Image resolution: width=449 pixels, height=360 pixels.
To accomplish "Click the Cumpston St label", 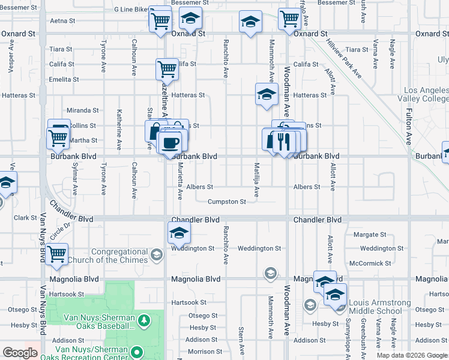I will [x=226, y=202].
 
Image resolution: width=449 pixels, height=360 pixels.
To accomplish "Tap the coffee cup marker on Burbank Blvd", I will [x=170, y=143].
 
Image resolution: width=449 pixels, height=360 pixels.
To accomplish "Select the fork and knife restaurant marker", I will [x=283, y=142].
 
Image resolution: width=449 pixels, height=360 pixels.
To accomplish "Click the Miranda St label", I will [x=82, y=110].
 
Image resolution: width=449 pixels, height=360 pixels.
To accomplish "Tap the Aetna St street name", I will [x=63, y=20].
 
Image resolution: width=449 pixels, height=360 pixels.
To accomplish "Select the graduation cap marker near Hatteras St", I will [x=267, y=94].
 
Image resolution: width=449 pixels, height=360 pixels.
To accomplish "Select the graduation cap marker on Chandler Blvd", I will [x=178, y=233].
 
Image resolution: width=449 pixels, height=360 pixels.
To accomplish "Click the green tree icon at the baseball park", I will [x=144, y=321].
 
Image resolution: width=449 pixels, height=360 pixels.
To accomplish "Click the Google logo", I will [x=20, y=353].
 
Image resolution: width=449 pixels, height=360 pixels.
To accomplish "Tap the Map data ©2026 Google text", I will [x=411, y=355].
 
